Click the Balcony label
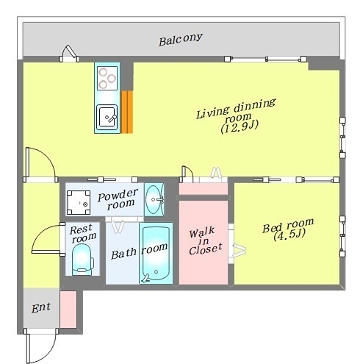181,39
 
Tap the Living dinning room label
236,110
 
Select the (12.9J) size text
240,127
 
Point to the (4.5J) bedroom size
289,235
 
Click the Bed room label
288,225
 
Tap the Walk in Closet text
205,241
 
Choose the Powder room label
118,199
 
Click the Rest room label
82,233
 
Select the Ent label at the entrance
41,308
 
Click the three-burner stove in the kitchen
107,78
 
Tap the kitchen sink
107,118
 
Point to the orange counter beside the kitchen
127,112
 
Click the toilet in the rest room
82,260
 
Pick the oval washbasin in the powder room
154,199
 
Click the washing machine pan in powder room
79,202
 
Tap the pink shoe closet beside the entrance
68,310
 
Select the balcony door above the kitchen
69,53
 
